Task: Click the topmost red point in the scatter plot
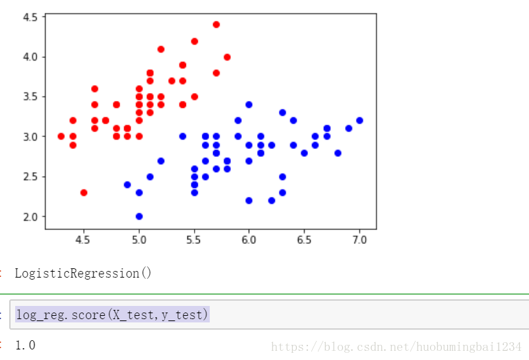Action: point(216,24)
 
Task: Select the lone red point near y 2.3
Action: point(84,193)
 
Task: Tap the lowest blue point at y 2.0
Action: point(139,216)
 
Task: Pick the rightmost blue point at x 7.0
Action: point(359,121)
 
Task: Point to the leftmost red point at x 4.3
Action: point(61,136)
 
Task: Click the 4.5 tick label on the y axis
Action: point(30,17)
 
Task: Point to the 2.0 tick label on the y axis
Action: point(30,217)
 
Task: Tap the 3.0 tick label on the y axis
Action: point(30,137)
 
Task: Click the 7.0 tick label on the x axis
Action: point(359,240)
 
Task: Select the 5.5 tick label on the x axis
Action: point(194,240)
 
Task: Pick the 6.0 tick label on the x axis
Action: point(249,240)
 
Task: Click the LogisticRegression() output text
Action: point(83,273)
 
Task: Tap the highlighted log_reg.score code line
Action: point(112,315)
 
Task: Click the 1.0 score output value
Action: point(25,345)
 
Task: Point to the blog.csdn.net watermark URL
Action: point(396,347)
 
